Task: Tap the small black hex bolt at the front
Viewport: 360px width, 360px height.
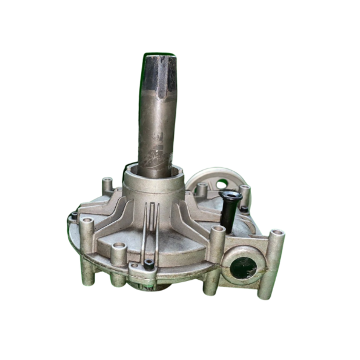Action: pos(149,263)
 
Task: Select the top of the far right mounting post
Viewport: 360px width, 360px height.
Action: pos(277,233)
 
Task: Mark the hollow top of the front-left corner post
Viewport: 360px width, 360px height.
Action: pos(87,221)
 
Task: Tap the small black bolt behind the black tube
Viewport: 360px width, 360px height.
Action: pos(244,209)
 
